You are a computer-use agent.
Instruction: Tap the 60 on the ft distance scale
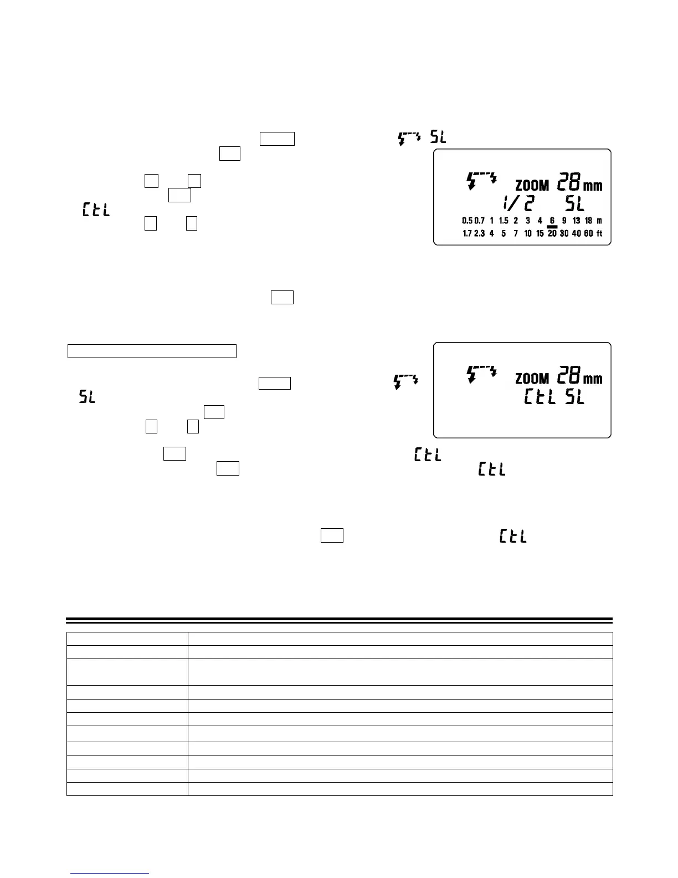pos(588,233)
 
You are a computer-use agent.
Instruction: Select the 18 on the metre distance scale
pos(588,221)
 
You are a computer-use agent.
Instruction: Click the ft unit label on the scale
pos(599,233)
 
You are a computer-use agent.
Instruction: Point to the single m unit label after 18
pos(599,221)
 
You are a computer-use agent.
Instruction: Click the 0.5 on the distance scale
pos(468,221)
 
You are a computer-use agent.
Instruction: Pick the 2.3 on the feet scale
pos(479,233)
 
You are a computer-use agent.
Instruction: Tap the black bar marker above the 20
pos(552,227)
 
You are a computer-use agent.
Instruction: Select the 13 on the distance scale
pos(576,221)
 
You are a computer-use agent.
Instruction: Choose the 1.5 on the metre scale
pos(504,221)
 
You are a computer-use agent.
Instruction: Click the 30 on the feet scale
pos(564,233)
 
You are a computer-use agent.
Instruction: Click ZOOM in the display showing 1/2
pos(532,186)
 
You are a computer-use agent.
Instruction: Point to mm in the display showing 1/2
pos(593,186)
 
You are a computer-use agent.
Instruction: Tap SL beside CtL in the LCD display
pos(574,397)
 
